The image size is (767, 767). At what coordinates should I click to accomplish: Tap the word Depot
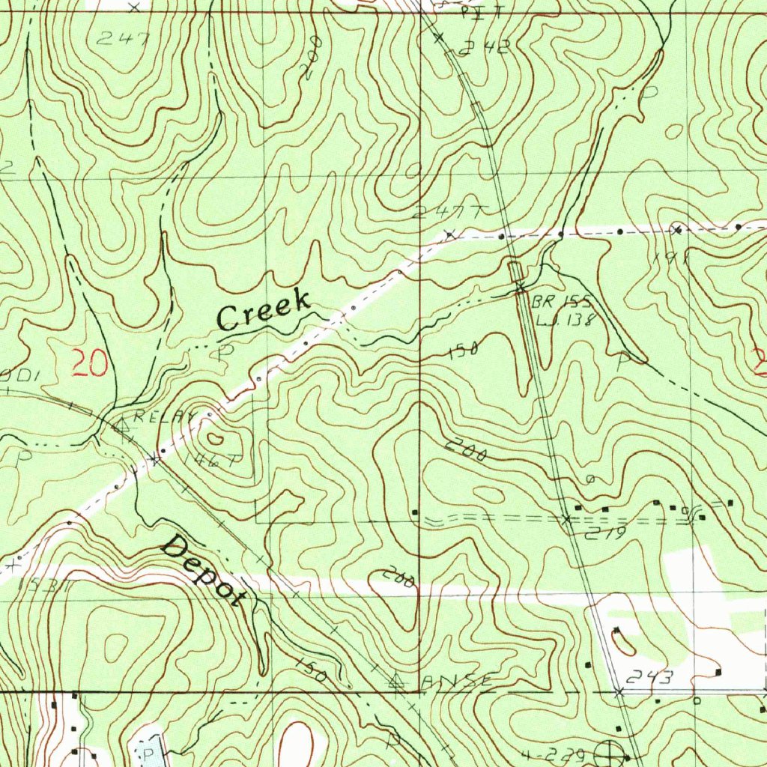204,570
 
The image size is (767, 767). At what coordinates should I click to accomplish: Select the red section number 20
91,364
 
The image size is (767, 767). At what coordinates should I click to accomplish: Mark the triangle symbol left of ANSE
396,681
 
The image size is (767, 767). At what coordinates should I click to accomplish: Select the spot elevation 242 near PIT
485,47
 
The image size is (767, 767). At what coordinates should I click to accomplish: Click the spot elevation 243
649,677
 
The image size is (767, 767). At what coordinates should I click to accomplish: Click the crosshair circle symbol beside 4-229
610,754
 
